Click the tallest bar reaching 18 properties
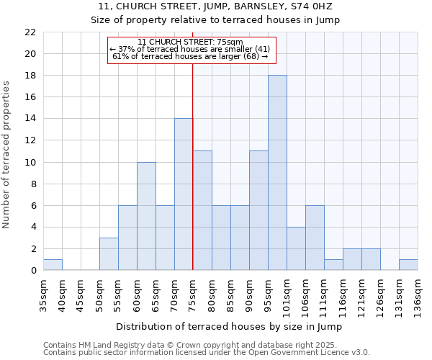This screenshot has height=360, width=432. point(277,173)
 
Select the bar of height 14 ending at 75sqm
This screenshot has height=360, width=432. point(184,194)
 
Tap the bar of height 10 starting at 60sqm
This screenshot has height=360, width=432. point(146,216)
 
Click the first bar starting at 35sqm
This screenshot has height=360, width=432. point(53,265)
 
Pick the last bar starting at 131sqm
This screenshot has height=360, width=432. point(408,265)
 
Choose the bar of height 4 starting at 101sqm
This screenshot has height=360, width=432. point(296,248)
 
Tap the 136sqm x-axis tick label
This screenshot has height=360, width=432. point(418,293)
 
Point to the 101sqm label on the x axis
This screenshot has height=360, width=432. point(287,293)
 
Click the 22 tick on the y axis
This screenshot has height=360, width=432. point(30,32)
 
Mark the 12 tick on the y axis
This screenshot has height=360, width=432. point(30,140)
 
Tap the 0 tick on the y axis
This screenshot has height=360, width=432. point(33,271)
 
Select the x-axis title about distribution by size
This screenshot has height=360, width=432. point(228,327)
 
